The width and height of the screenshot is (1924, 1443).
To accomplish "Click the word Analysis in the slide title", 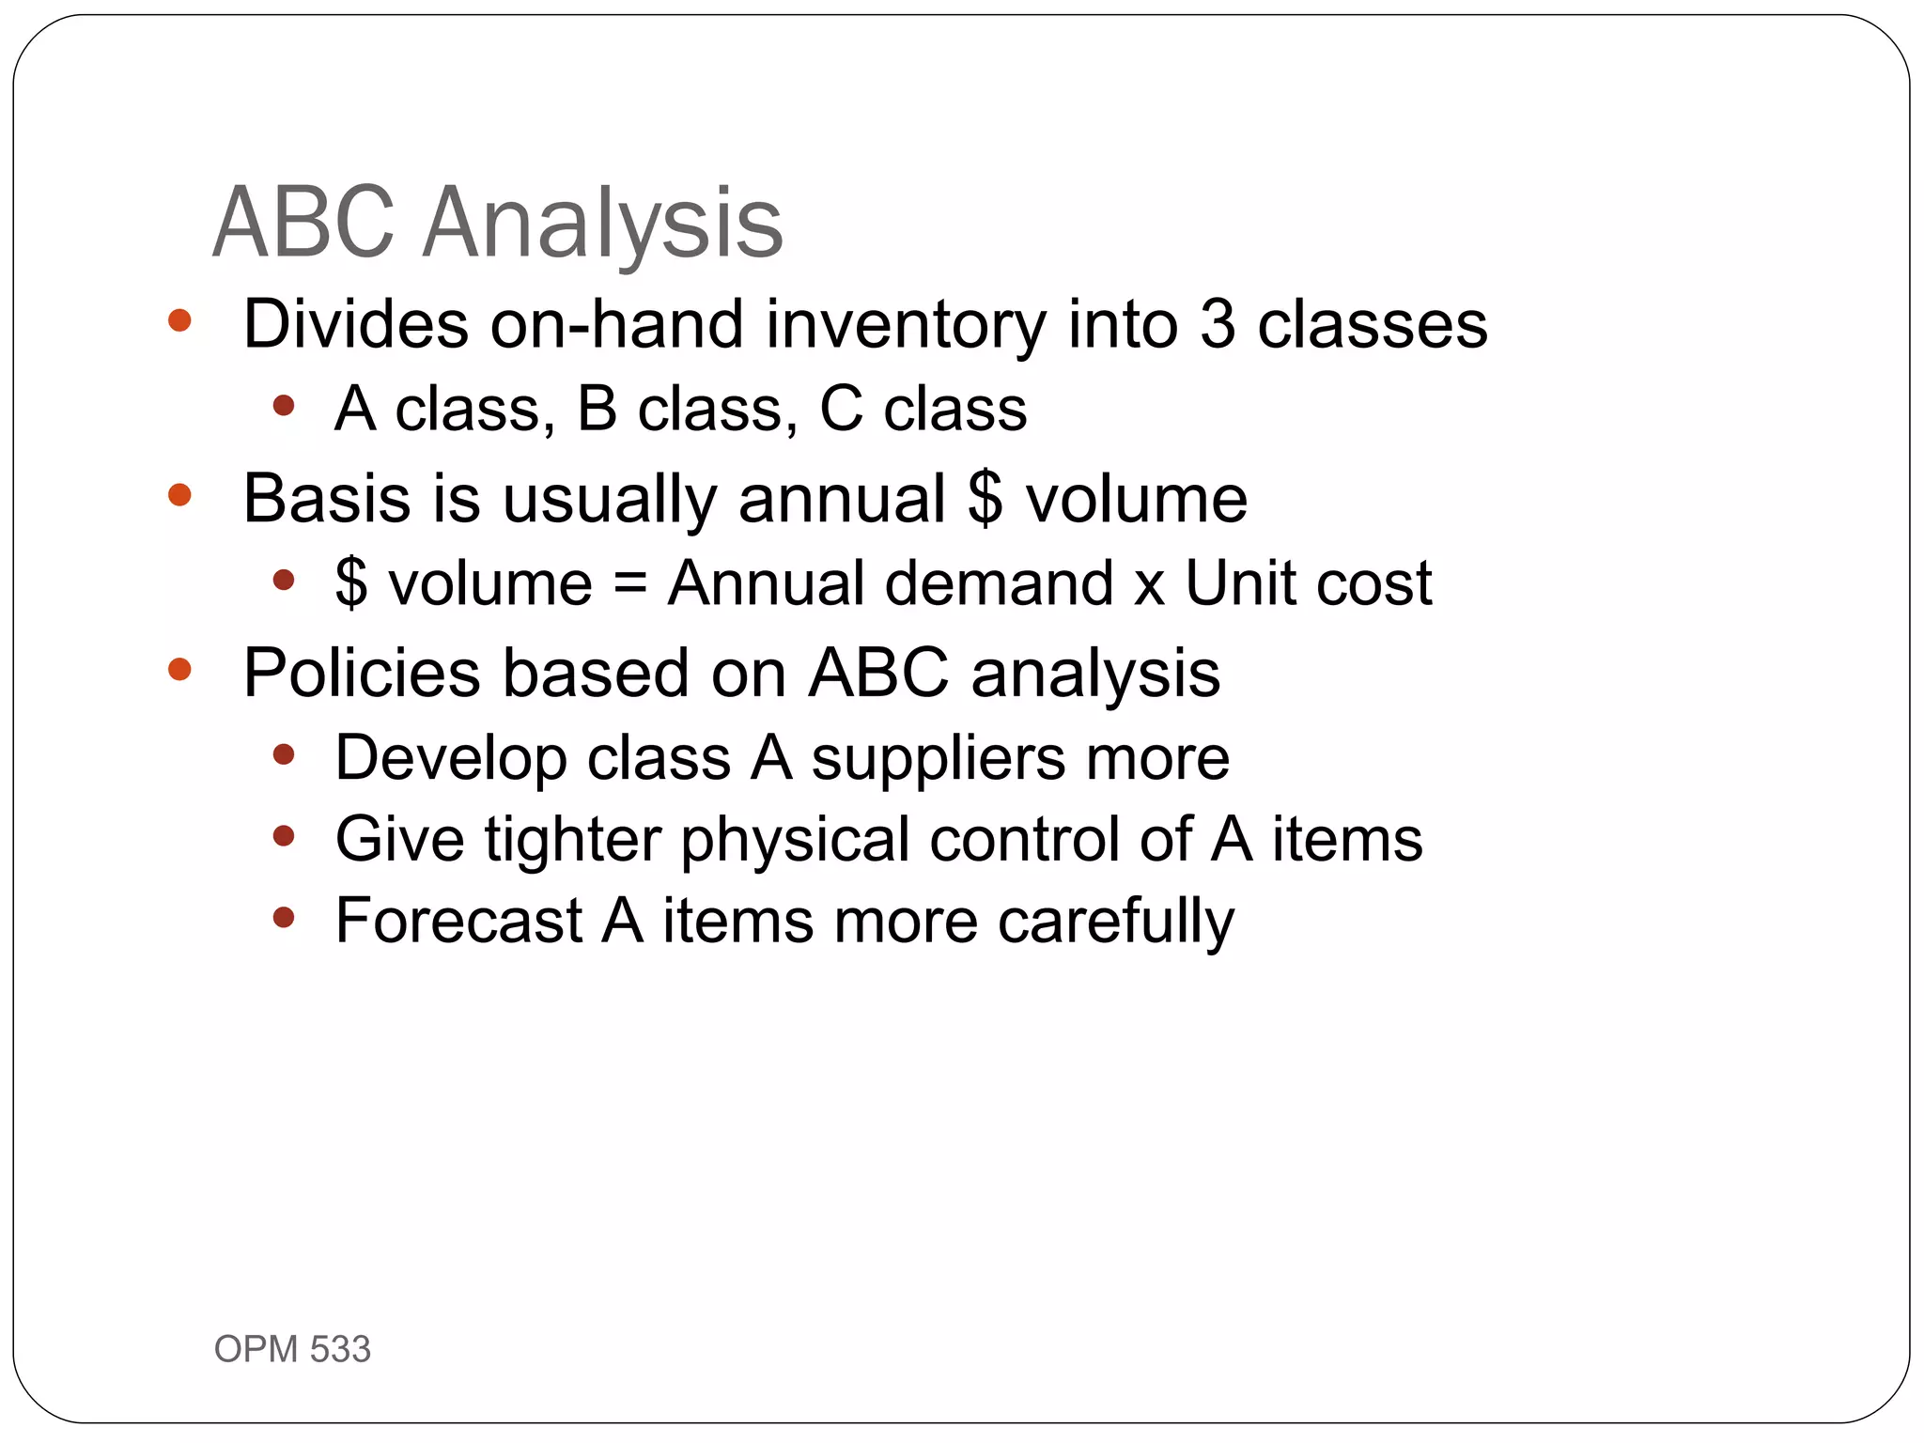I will pos(602,224).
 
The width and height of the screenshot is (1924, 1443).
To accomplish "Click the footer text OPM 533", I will pos(292,1349).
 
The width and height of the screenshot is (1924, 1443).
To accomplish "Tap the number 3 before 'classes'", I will pos(1218,324).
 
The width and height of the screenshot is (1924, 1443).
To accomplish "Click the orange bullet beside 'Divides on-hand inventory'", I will pos(179,321).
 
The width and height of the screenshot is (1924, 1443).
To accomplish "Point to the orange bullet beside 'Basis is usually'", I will pos(179,495).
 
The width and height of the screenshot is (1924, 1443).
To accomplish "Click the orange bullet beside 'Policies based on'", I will pos(179,670).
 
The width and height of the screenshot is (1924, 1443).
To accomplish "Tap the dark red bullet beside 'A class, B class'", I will pos(284,407).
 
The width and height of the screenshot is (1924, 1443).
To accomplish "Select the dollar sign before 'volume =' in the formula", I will pos(351,583).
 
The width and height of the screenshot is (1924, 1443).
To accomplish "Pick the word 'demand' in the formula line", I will pos(999,583).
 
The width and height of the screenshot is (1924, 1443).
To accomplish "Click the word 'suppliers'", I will pos(939,759).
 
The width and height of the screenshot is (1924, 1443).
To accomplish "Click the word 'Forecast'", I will pos(458,921).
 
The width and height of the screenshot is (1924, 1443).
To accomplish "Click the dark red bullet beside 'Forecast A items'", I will pos(284,917).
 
